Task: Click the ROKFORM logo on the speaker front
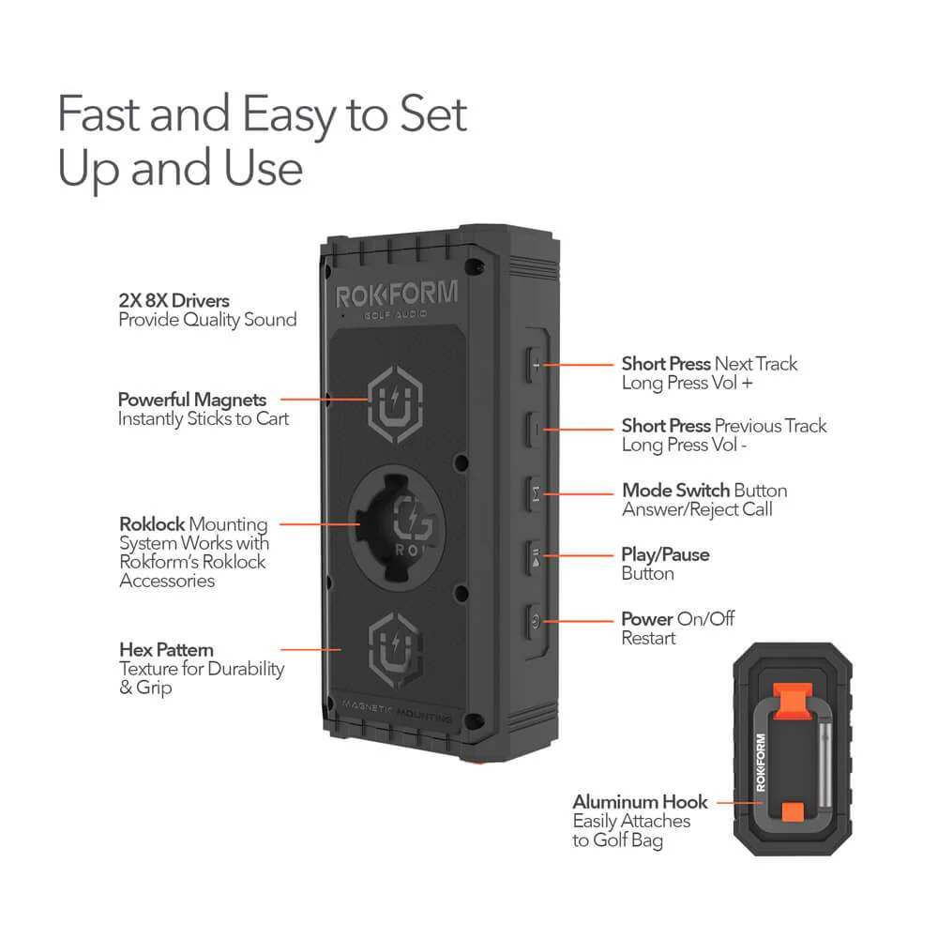tap(397, 295)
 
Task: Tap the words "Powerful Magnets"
tap(192, 399)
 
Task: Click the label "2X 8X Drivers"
tap(174, 301)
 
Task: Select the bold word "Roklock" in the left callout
tap(152, 524)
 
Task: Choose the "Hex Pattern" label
tap(166, 649)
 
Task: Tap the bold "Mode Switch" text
tap(675, 491)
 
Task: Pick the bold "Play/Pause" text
tap(665, 554)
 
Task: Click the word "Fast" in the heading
tap(102, 114)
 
